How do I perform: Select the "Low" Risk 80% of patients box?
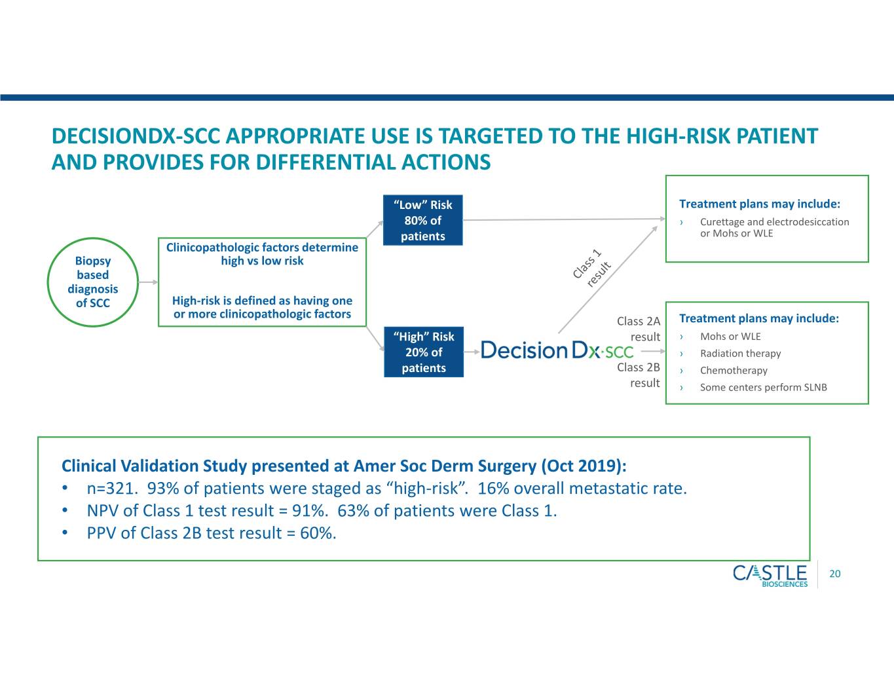423,221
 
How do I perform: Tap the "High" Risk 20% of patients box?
424,352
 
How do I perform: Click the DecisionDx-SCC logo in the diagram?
557,350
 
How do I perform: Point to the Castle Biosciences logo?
770,576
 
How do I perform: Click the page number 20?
835,574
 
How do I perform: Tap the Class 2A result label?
639,329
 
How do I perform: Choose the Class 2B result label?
639,375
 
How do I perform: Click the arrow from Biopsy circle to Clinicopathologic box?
148,282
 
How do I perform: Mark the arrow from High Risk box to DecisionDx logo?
472,352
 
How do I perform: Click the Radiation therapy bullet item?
740,353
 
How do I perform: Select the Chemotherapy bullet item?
734,370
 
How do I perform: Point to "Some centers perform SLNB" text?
763,387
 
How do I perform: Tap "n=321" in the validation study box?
110,489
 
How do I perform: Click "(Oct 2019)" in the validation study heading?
584,466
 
